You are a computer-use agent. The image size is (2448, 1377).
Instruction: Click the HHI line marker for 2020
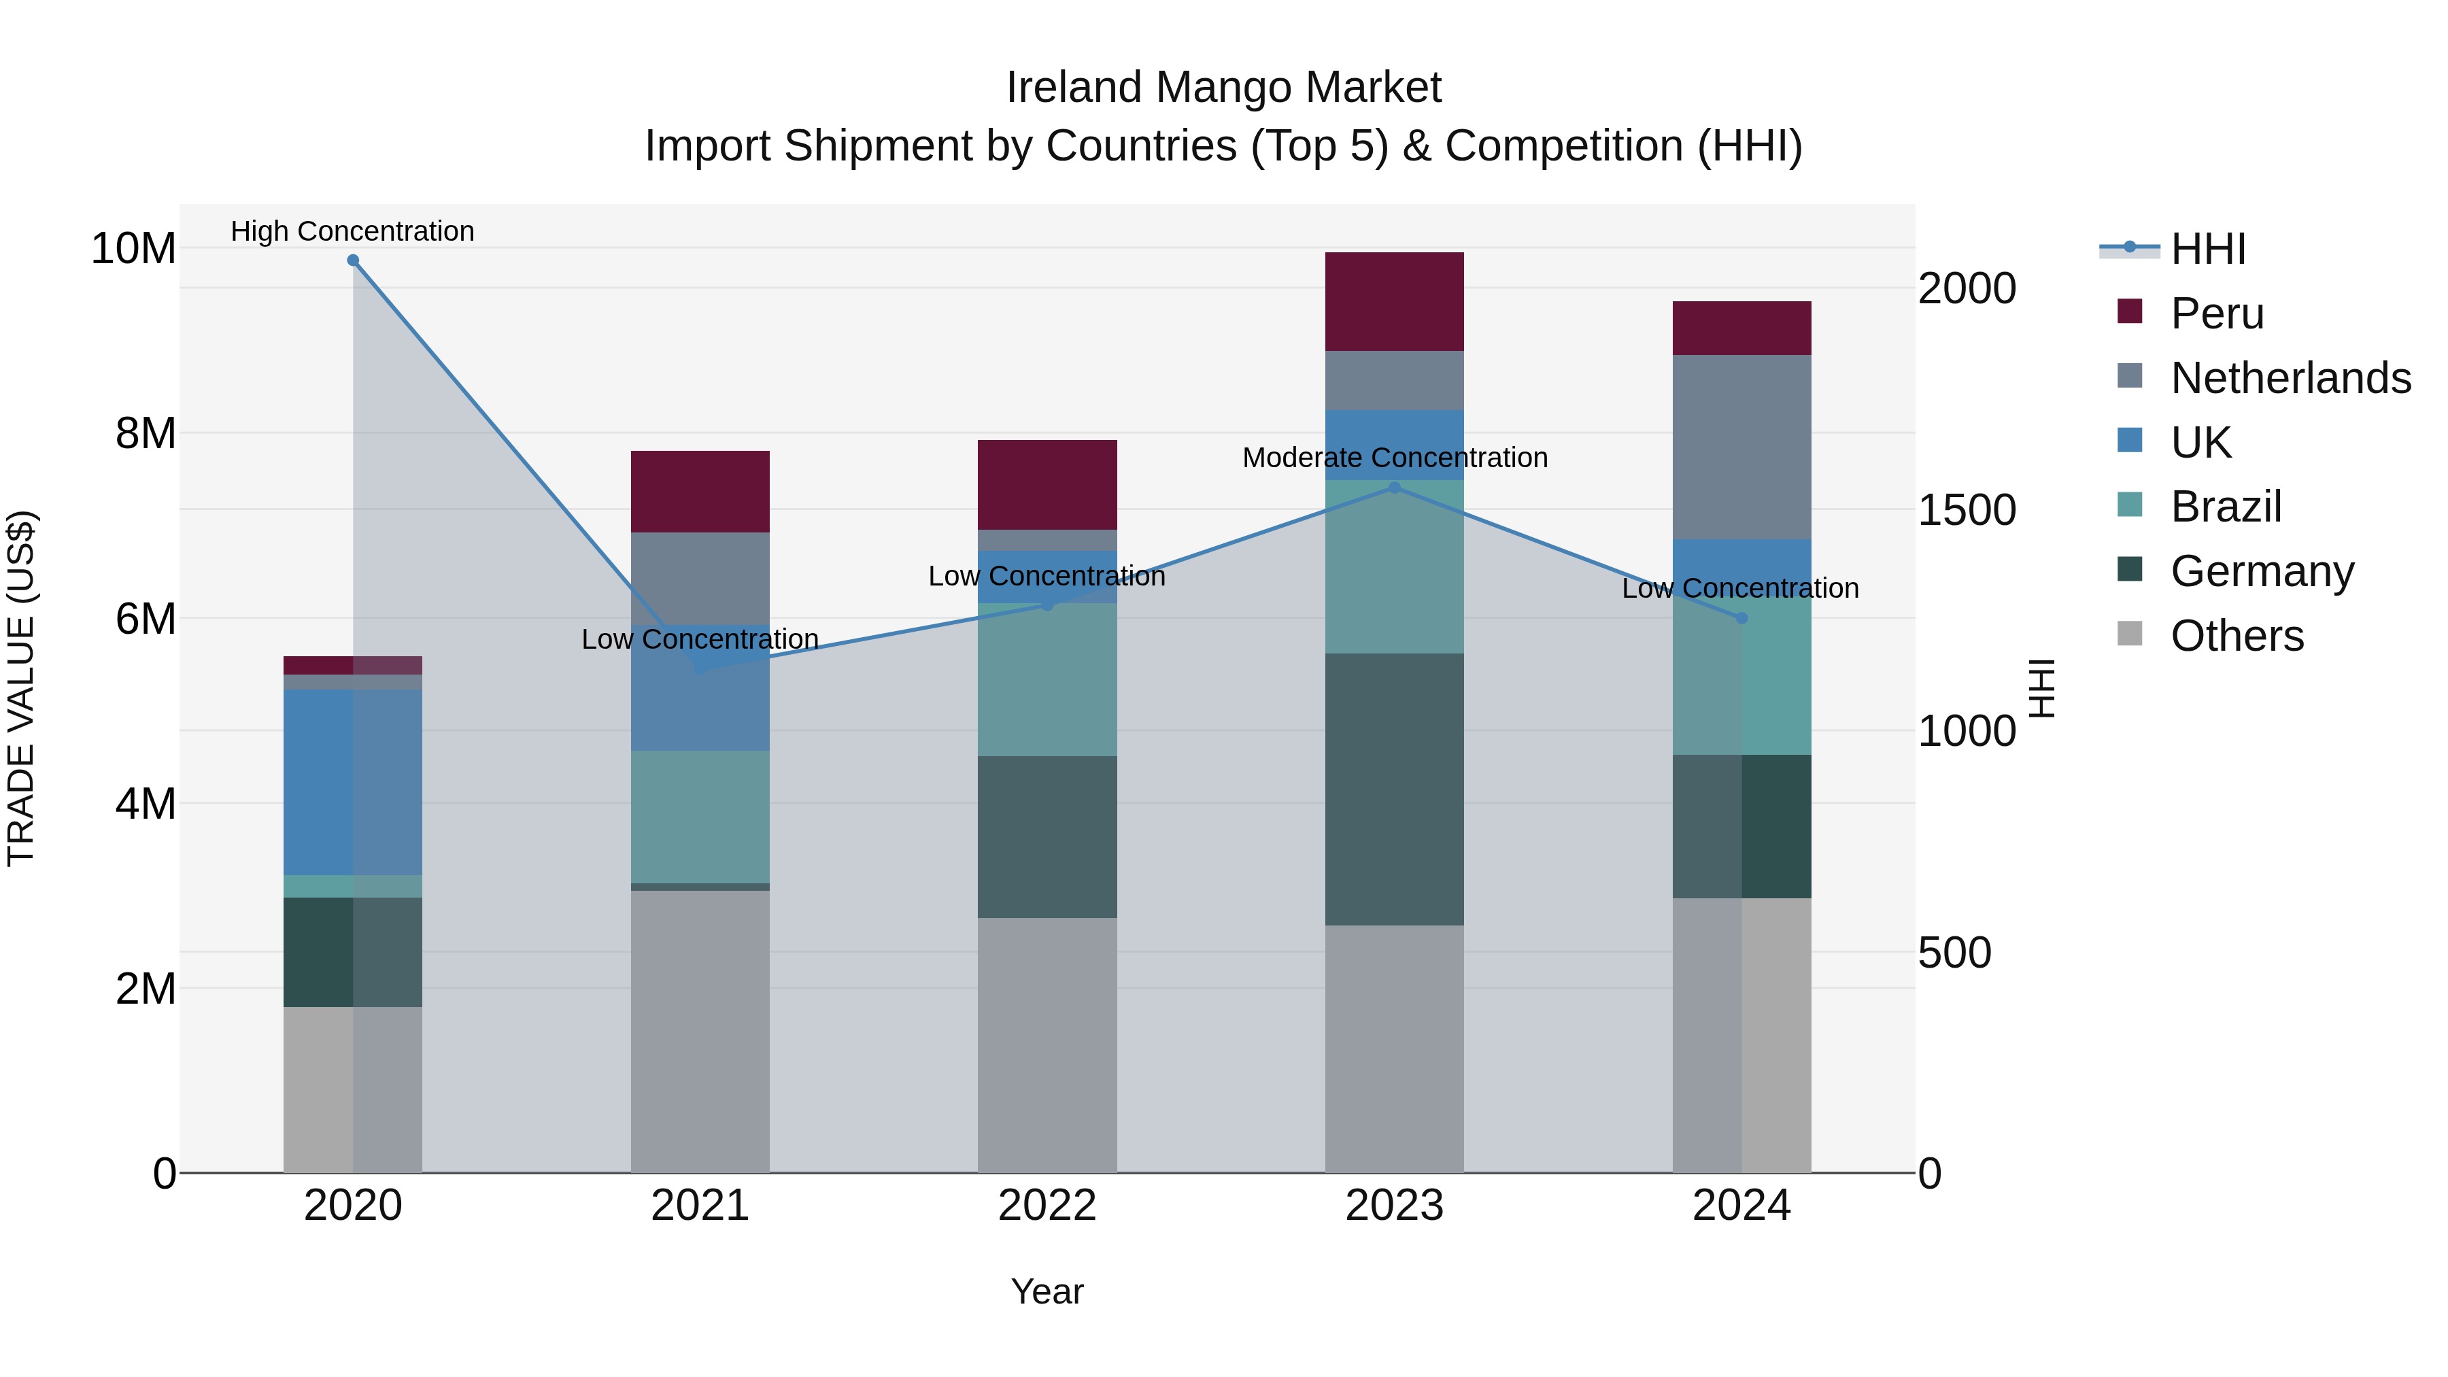(x=352, y=260)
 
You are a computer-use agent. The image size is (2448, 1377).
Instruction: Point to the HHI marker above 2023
(x=1394, y=488)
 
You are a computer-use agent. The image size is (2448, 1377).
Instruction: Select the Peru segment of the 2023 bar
(x=1394, y=301)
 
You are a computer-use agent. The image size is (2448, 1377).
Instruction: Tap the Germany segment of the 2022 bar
(x=1047, y=836)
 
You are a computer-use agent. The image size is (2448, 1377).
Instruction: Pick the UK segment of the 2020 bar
(x=352, y=781)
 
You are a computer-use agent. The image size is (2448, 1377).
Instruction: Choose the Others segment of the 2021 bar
(x=700, y=1031)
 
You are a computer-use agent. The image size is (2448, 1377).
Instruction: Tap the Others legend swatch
(x=2130, y=634)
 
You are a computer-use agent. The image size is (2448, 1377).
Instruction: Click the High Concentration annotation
(x=352, y=231)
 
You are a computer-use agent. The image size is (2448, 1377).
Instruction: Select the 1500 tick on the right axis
(x=1966, y=510)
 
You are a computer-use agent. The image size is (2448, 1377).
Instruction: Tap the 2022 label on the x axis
(x=1047, y=1206)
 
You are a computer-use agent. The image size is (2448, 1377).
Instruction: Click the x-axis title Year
(x=1047, y=1291)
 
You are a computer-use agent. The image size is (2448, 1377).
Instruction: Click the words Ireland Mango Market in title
(x=1223, y=88)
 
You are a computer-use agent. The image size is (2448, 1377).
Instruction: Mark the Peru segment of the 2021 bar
(x=700, y=492)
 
